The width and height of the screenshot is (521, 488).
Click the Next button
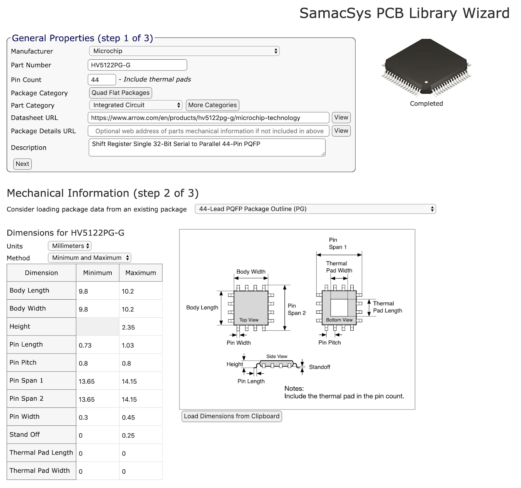click(22, 164)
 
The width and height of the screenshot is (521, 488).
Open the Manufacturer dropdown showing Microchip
click(184, 51)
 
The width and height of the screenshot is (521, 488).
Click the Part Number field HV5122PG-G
click(137, 65)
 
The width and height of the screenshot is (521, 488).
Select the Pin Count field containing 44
click(102, 80)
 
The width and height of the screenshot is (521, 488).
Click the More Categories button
click(212, 105)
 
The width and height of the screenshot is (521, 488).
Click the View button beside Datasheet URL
click(341, 118)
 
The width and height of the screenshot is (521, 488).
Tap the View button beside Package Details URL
click(341, 131)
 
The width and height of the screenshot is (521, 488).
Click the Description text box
click(207, 148)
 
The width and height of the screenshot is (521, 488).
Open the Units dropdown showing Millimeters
click(70, 246)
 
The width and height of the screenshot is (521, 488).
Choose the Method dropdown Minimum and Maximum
click(89, 258)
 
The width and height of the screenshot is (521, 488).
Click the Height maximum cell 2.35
click(140, 327)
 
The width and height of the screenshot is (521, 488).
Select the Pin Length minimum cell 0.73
click(97, 345)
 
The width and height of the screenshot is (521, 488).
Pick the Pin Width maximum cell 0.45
click(140, 417)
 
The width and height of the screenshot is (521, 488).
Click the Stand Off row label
click(25, 435)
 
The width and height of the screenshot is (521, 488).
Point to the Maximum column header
click(140, 273)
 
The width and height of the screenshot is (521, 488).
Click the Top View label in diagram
click(249, 320)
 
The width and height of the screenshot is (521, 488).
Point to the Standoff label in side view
click(319, 367)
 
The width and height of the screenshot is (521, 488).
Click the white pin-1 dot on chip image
click(426, 82)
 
